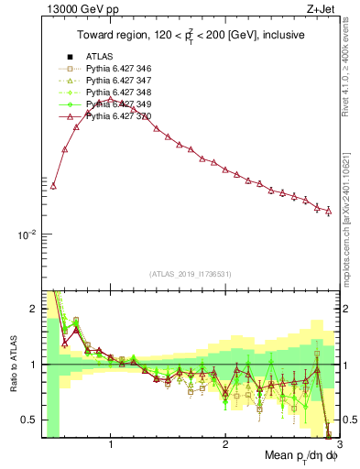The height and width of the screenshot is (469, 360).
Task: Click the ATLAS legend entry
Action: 99,56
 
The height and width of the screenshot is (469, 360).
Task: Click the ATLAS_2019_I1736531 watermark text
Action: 191,274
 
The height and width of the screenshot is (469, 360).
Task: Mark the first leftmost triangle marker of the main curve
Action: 53,185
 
